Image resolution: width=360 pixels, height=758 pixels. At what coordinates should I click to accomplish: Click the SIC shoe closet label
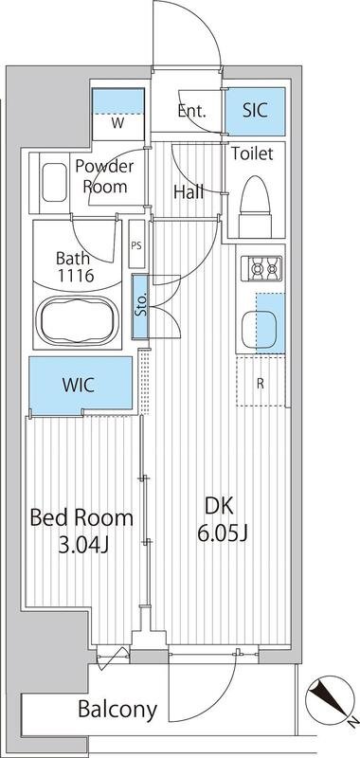[x=255, y=110]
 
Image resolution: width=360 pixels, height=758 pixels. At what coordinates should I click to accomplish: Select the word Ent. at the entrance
[x=191, y=111]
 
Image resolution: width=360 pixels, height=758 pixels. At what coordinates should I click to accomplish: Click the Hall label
[x=189, y=192]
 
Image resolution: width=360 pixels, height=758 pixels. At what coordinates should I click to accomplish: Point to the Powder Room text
[x=105, y=176]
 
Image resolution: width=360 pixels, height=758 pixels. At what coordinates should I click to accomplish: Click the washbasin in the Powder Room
[x=55, y=182]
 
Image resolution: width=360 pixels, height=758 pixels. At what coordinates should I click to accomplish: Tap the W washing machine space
[x=117, y=114]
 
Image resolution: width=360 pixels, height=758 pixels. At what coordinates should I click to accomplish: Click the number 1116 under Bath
[x=76, y=277]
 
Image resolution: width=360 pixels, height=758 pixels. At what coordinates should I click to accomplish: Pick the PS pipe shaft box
[x=136, y=244]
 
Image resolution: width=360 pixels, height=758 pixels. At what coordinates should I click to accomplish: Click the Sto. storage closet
[x=140, y=306]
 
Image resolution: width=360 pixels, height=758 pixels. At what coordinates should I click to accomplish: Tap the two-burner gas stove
[x=261, y=269]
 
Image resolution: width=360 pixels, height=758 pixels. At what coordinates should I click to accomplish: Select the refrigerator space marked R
[x=261, y=381]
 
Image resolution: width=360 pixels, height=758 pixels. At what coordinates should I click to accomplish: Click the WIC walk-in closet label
[x=79, y=386]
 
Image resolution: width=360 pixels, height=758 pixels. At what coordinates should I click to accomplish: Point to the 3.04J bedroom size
[x=83, y=546]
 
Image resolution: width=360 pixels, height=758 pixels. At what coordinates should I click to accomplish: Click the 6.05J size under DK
[x=223, y=533]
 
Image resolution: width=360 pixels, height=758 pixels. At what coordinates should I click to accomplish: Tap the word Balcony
[x=117, y=709]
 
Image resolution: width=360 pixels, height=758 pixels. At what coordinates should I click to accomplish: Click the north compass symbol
[x=327, y=697]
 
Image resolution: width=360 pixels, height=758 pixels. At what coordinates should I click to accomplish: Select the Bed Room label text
[x=81, y=517]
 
